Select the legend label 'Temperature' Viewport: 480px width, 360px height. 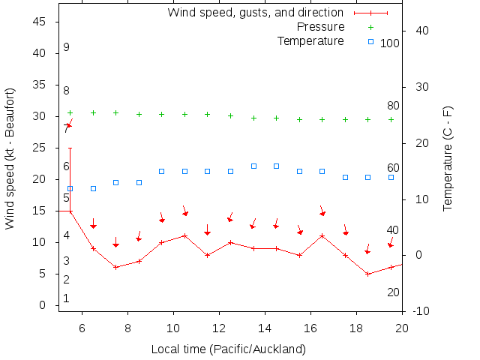coord(310,40)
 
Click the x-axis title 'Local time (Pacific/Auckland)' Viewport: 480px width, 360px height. coord(228,349)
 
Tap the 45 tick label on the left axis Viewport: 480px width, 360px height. coord(41,22)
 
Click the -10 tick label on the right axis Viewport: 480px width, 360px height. coord(420,311)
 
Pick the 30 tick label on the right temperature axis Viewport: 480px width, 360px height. coord(420,87)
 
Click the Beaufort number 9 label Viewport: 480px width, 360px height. coord(67,47)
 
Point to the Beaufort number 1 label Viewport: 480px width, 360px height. coord(67,298)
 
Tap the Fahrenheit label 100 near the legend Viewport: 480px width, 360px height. coord(390,43)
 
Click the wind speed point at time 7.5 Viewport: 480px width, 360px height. coord(116,267)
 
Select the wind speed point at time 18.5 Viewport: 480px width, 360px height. coord(367,274)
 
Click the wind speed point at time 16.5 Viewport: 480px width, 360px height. coord(322,235)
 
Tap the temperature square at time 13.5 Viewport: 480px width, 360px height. coord(253,166)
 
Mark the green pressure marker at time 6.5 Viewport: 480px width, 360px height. coord(94,112)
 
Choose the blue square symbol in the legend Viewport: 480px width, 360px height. coord(370,41)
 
